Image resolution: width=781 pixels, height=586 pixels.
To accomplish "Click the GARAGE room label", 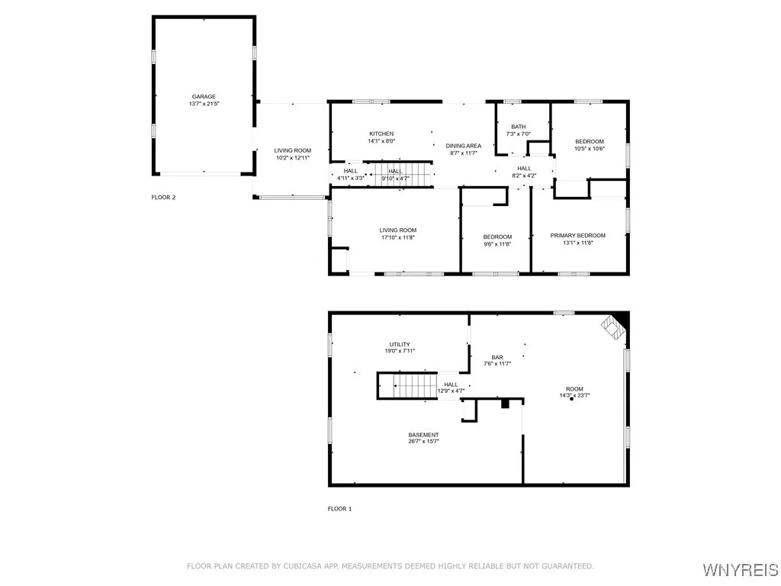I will (x=204, y=97).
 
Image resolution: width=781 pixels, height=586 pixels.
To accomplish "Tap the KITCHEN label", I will (x=381, y=134).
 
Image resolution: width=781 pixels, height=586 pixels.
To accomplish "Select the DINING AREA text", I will (x=463, y=146).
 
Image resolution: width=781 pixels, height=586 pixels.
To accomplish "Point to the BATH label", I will (x=519, y=127).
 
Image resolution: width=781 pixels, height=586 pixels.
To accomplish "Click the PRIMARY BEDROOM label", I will (x=577, y=236).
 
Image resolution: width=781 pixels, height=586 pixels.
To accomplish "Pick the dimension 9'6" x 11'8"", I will (x=497, y=244).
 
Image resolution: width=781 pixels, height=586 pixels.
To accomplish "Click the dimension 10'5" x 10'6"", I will (x=589, y=149).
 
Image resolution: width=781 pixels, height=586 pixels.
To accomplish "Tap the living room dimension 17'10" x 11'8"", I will (x=398, y=237).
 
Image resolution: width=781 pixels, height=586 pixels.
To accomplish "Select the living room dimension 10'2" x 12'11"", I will (x=293, y=158).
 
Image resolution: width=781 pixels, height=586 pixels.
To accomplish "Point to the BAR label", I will (x=497, y=357).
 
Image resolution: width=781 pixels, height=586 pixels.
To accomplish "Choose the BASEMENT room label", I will (x=423, y=435).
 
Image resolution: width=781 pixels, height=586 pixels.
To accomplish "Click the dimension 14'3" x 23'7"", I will (x=575, y=395).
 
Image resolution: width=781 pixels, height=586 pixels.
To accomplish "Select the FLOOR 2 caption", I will (x=163, y=198).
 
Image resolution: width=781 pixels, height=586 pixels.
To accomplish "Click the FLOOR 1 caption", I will (x=339, y=508).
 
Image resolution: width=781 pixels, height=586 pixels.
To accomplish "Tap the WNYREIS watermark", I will (x=741, y=570).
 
